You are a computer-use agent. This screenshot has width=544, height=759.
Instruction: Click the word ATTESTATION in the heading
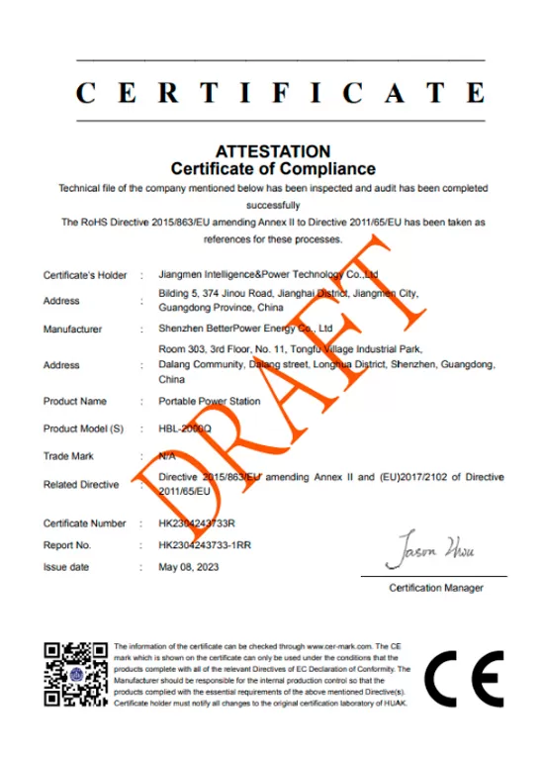(273, 151)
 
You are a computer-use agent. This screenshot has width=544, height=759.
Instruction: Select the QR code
(75, 675)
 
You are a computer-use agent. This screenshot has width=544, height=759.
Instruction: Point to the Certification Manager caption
(436, 588)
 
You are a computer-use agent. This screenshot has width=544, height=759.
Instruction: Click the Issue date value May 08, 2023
(188, 567)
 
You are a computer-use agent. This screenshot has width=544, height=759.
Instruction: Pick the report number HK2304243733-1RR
(205, 544)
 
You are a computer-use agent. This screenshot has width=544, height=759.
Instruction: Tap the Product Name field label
(75, 402)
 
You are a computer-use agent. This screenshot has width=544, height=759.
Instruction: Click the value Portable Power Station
(210, 402)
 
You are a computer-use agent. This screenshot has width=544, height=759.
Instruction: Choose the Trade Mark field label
(69, 455)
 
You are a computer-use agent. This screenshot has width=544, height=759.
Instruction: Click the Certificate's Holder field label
(85, 275)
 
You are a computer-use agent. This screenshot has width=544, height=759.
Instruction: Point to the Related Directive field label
(81, 485)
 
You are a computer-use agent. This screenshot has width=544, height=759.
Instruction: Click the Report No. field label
(67, 544)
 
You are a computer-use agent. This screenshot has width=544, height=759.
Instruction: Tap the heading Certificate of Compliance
(273, 169)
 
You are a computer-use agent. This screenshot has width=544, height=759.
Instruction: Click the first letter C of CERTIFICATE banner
(86, 93)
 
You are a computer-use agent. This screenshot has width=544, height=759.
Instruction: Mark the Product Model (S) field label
(83, 428)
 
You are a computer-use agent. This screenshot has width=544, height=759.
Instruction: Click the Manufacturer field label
(74, 329)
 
